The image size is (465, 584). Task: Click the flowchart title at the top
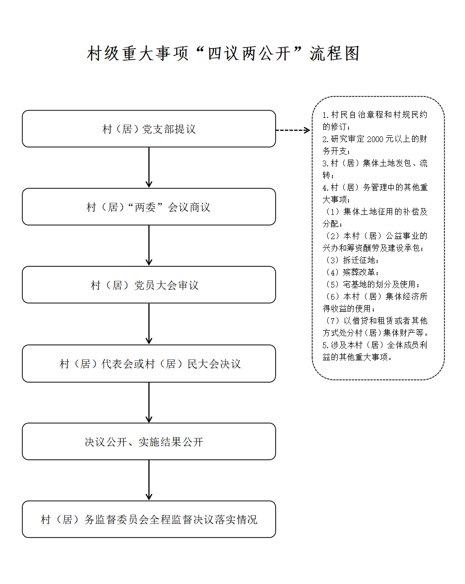point(223,53)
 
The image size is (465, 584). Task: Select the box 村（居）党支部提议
point(149,129)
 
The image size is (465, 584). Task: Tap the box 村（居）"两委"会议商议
point(149,207)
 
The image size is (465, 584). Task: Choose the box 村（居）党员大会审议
point(149,285)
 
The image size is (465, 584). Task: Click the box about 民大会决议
point(149,364)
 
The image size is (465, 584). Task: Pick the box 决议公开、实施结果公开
point(149,442)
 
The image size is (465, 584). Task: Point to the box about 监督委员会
point(149,520)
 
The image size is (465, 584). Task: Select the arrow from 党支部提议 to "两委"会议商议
point(149,167)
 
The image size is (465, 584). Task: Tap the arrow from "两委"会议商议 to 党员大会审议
point(149,245)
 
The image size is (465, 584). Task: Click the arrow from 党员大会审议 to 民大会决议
point(149,324)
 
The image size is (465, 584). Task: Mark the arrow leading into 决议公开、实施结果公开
point(149,402)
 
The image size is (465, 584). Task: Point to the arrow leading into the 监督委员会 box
point(149,480)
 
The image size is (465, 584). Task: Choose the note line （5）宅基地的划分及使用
point(372,284)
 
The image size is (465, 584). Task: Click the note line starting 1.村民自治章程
point(375,115)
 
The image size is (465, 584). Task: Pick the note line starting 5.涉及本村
point(375,345)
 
